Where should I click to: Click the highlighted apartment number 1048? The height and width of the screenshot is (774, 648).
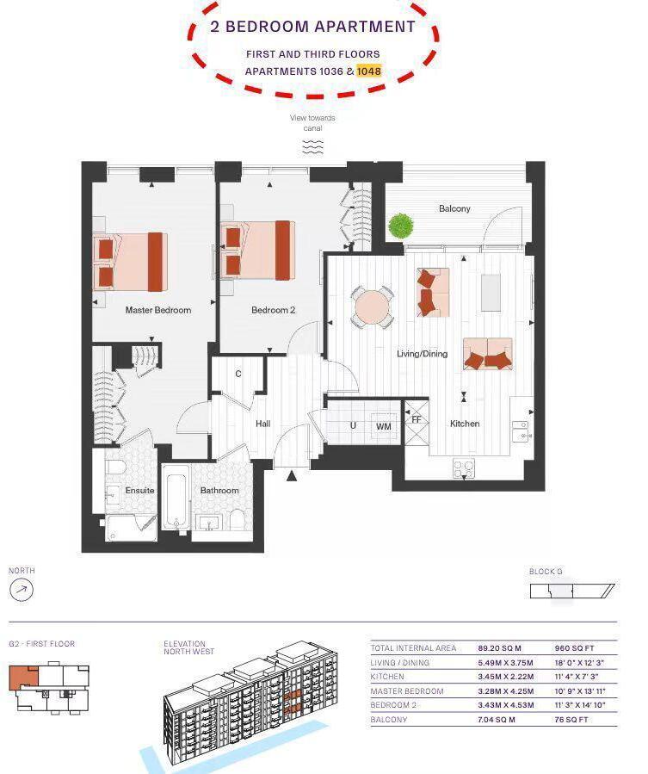(369, 71)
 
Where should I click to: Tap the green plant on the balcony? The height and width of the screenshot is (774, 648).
(400, 226)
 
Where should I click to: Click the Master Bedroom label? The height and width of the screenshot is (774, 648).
(158, 310)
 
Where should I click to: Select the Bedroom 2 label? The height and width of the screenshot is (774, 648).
(274, 310)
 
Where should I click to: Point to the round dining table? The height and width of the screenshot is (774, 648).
(373, 307)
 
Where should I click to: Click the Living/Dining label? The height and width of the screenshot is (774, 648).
(422, 354)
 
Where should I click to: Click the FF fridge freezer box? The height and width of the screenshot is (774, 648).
(417, 420)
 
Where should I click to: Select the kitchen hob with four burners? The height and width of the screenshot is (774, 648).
(464, 468)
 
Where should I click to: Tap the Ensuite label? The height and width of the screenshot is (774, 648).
(140, 491)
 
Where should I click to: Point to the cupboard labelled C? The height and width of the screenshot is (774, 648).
(238, 374)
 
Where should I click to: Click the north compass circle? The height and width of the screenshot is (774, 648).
(22, 591)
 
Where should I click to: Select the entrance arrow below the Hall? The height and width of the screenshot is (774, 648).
(292, 475)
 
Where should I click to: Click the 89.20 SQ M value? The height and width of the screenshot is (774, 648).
(500, 648)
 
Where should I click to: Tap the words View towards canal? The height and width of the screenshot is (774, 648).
(312, 122)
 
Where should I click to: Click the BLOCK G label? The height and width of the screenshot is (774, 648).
(546, 572)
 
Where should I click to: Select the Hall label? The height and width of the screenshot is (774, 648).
(263, 424)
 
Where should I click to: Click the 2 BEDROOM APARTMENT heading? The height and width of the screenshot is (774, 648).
(313, 27)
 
